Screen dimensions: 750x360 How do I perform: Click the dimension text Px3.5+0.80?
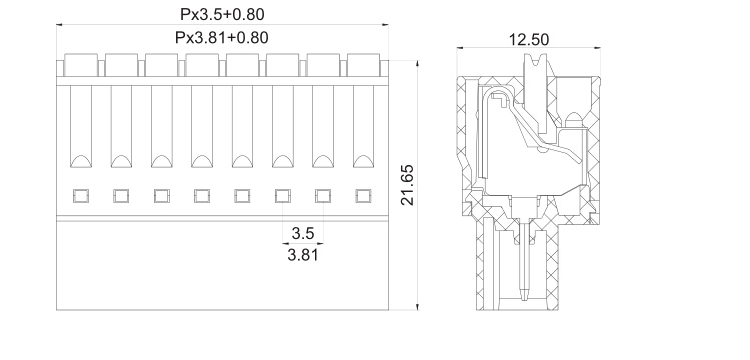pyautogui.click(x=222, y=14)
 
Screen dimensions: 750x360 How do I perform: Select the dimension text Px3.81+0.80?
pyautogui.click(x=221, y=37)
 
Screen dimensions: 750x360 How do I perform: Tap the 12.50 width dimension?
pyautogui.click(x=529, y=40)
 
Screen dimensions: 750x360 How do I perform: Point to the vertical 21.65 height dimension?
pyautogui.click(x=408, y=185)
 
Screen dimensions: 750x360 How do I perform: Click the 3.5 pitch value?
pyautogui.click(x=302, y=233)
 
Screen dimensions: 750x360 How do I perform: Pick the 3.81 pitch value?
pyautogui.click(x=302, y=254)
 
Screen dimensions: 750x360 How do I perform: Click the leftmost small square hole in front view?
pyautogui.click(x=81, y=196)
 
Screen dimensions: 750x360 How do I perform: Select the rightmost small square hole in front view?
pyautogui.click(x=363, y=196)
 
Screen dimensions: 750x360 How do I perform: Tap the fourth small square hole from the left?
pyautogui.click(x=202, y=196)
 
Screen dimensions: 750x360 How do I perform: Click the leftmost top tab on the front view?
pyautogui.click(x=81, y=65)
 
